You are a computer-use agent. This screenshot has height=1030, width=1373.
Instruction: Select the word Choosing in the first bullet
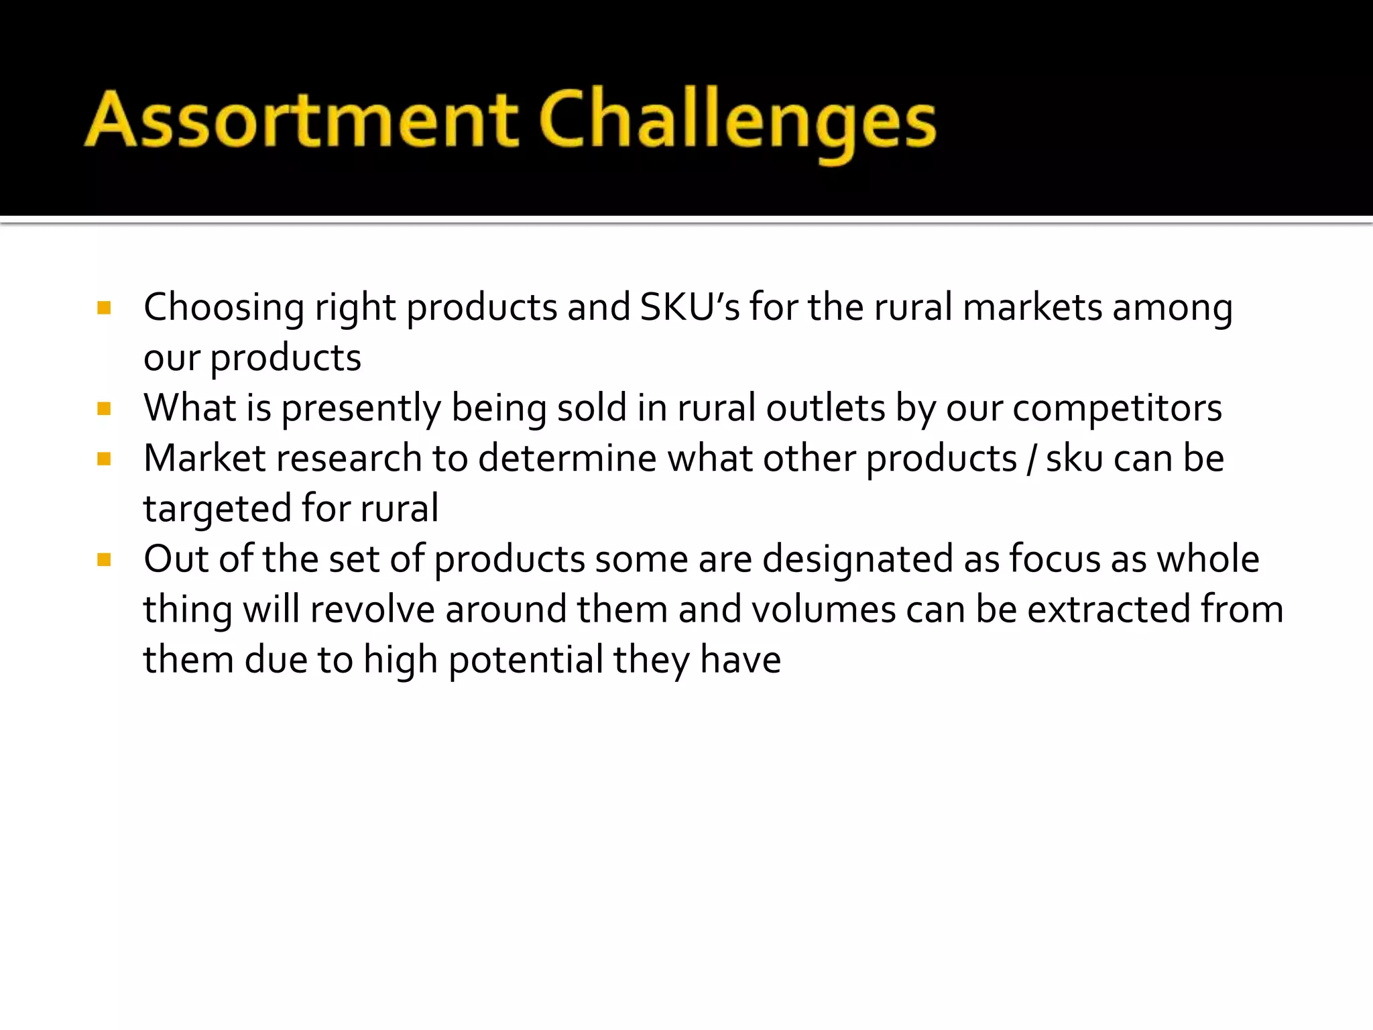[224, 308]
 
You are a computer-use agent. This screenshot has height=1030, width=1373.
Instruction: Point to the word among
[1173, 308]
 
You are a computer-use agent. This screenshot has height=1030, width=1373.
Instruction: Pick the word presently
[361, 409]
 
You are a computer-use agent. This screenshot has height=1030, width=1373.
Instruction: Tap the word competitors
[1117, 408]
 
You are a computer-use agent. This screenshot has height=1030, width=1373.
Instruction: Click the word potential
[526, 661]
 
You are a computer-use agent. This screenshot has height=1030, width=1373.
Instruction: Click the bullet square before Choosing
[104, 308]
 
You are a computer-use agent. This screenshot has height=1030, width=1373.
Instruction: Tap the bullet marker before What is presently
[104, 409]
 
